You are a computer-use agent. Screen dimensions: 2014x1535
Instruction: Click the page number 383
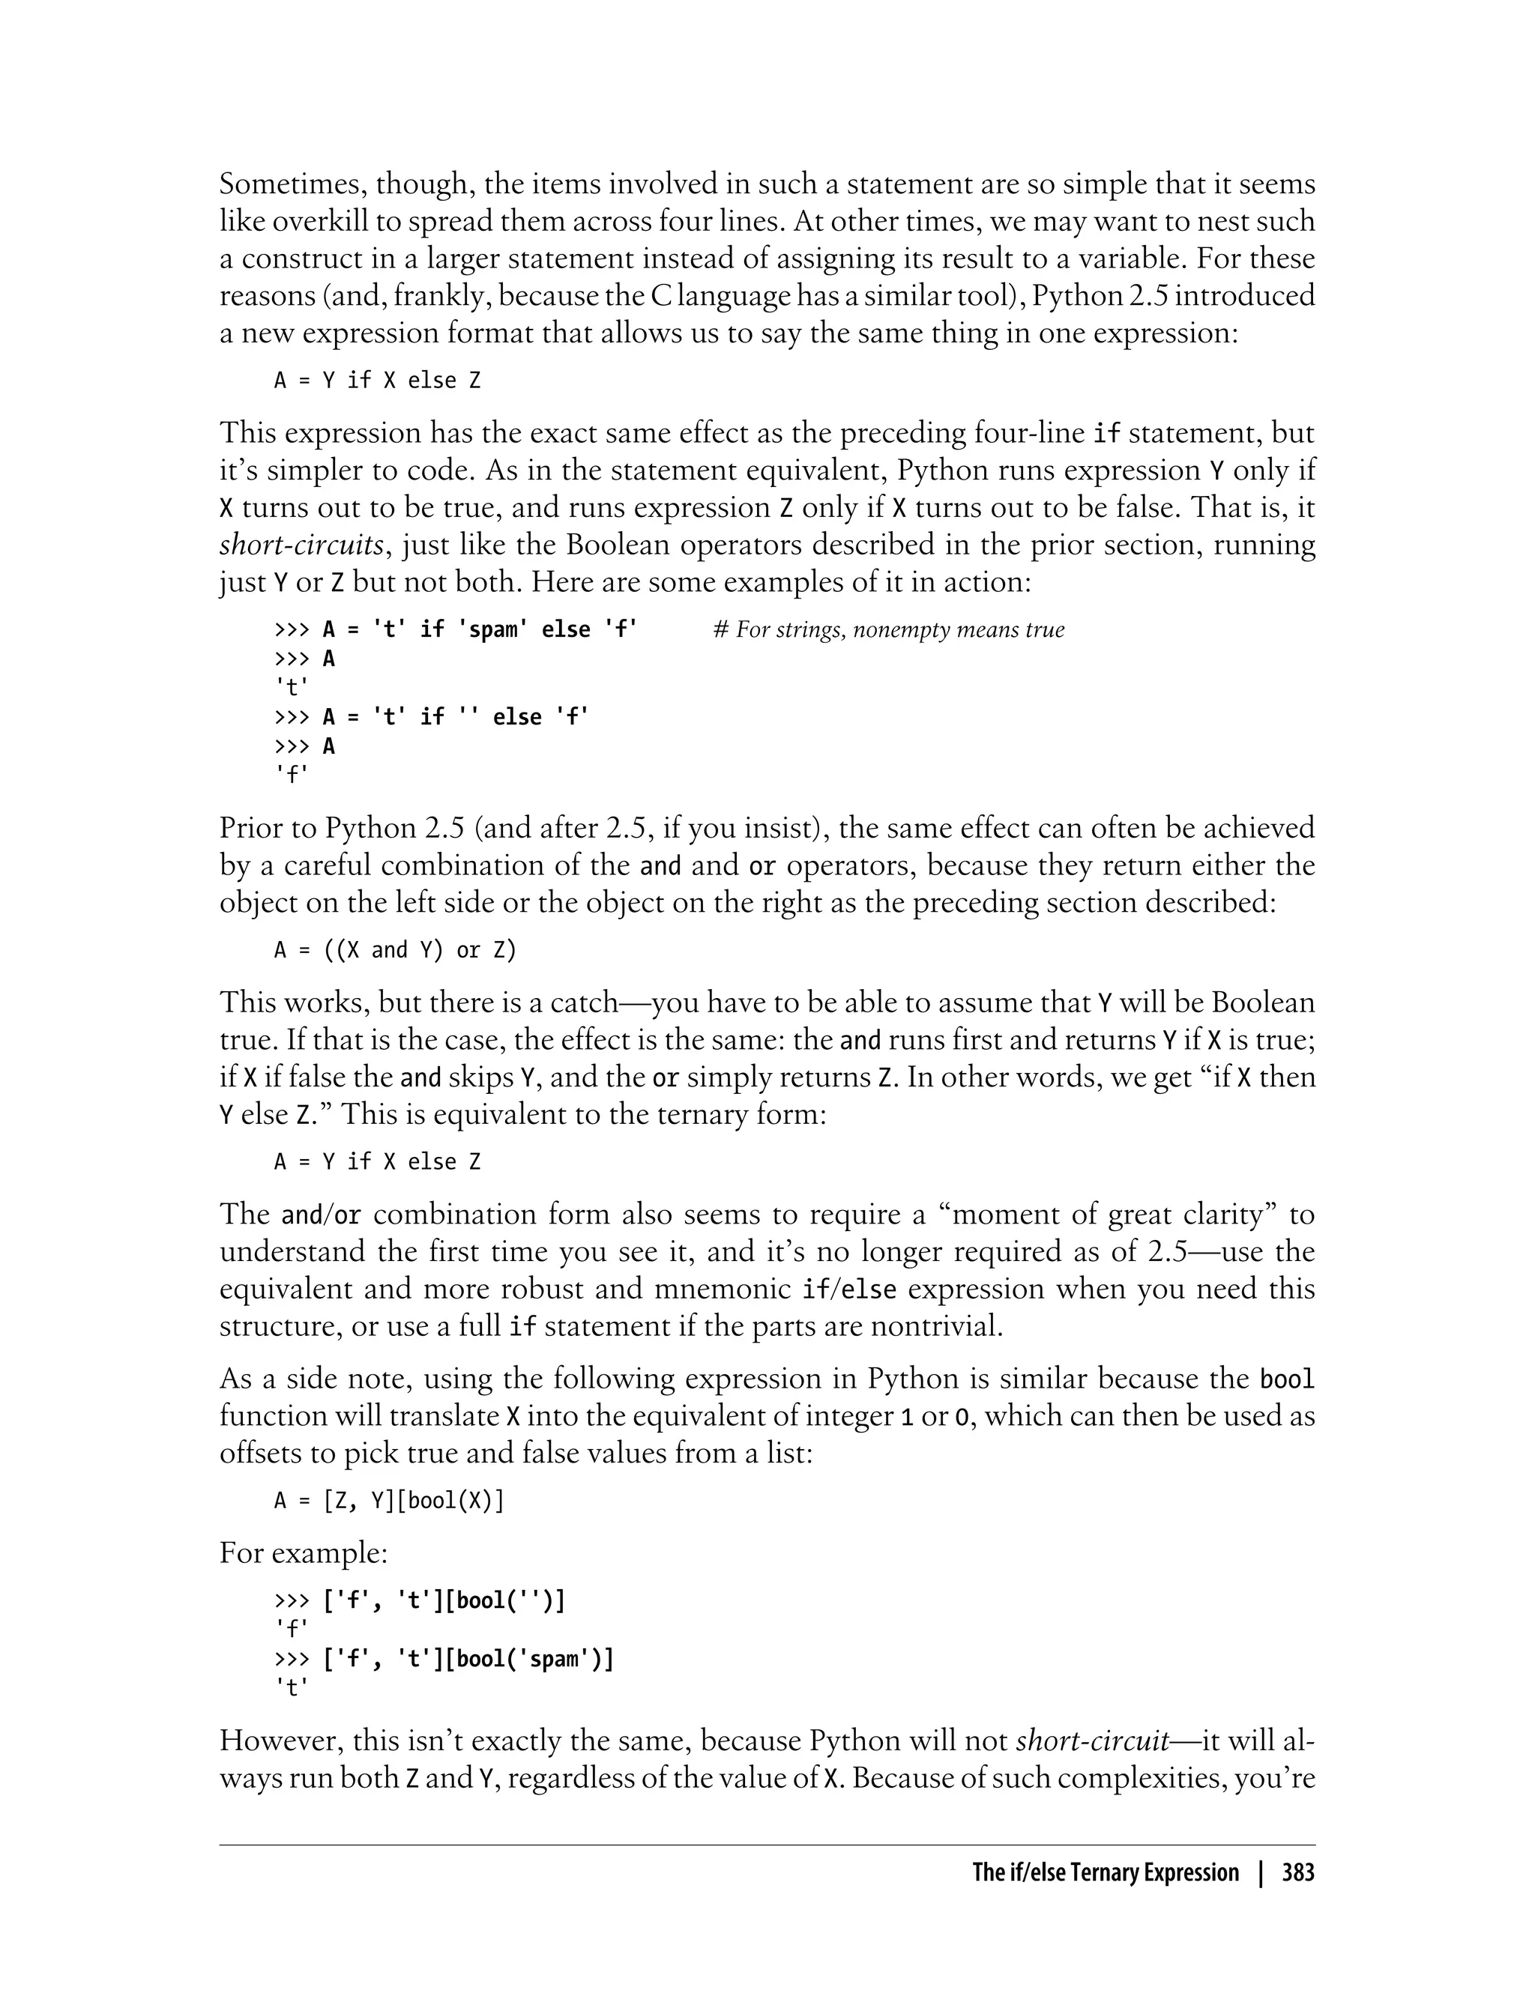1297,1873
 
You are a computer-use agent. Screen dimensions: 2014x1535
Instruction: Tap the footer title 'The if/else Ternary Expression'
1105,1873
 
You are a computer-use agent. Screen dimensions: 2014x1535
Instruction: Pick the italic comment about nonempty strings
888,629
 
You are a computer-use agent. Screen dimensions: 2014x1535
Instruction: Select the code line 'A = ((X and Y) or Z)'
395,950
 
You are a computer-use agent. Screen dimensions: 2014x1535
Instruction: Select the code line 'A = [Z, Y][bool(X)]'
389,1501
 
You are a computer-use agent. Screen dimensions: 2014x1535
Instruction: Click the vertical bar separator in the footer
1260,1873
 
